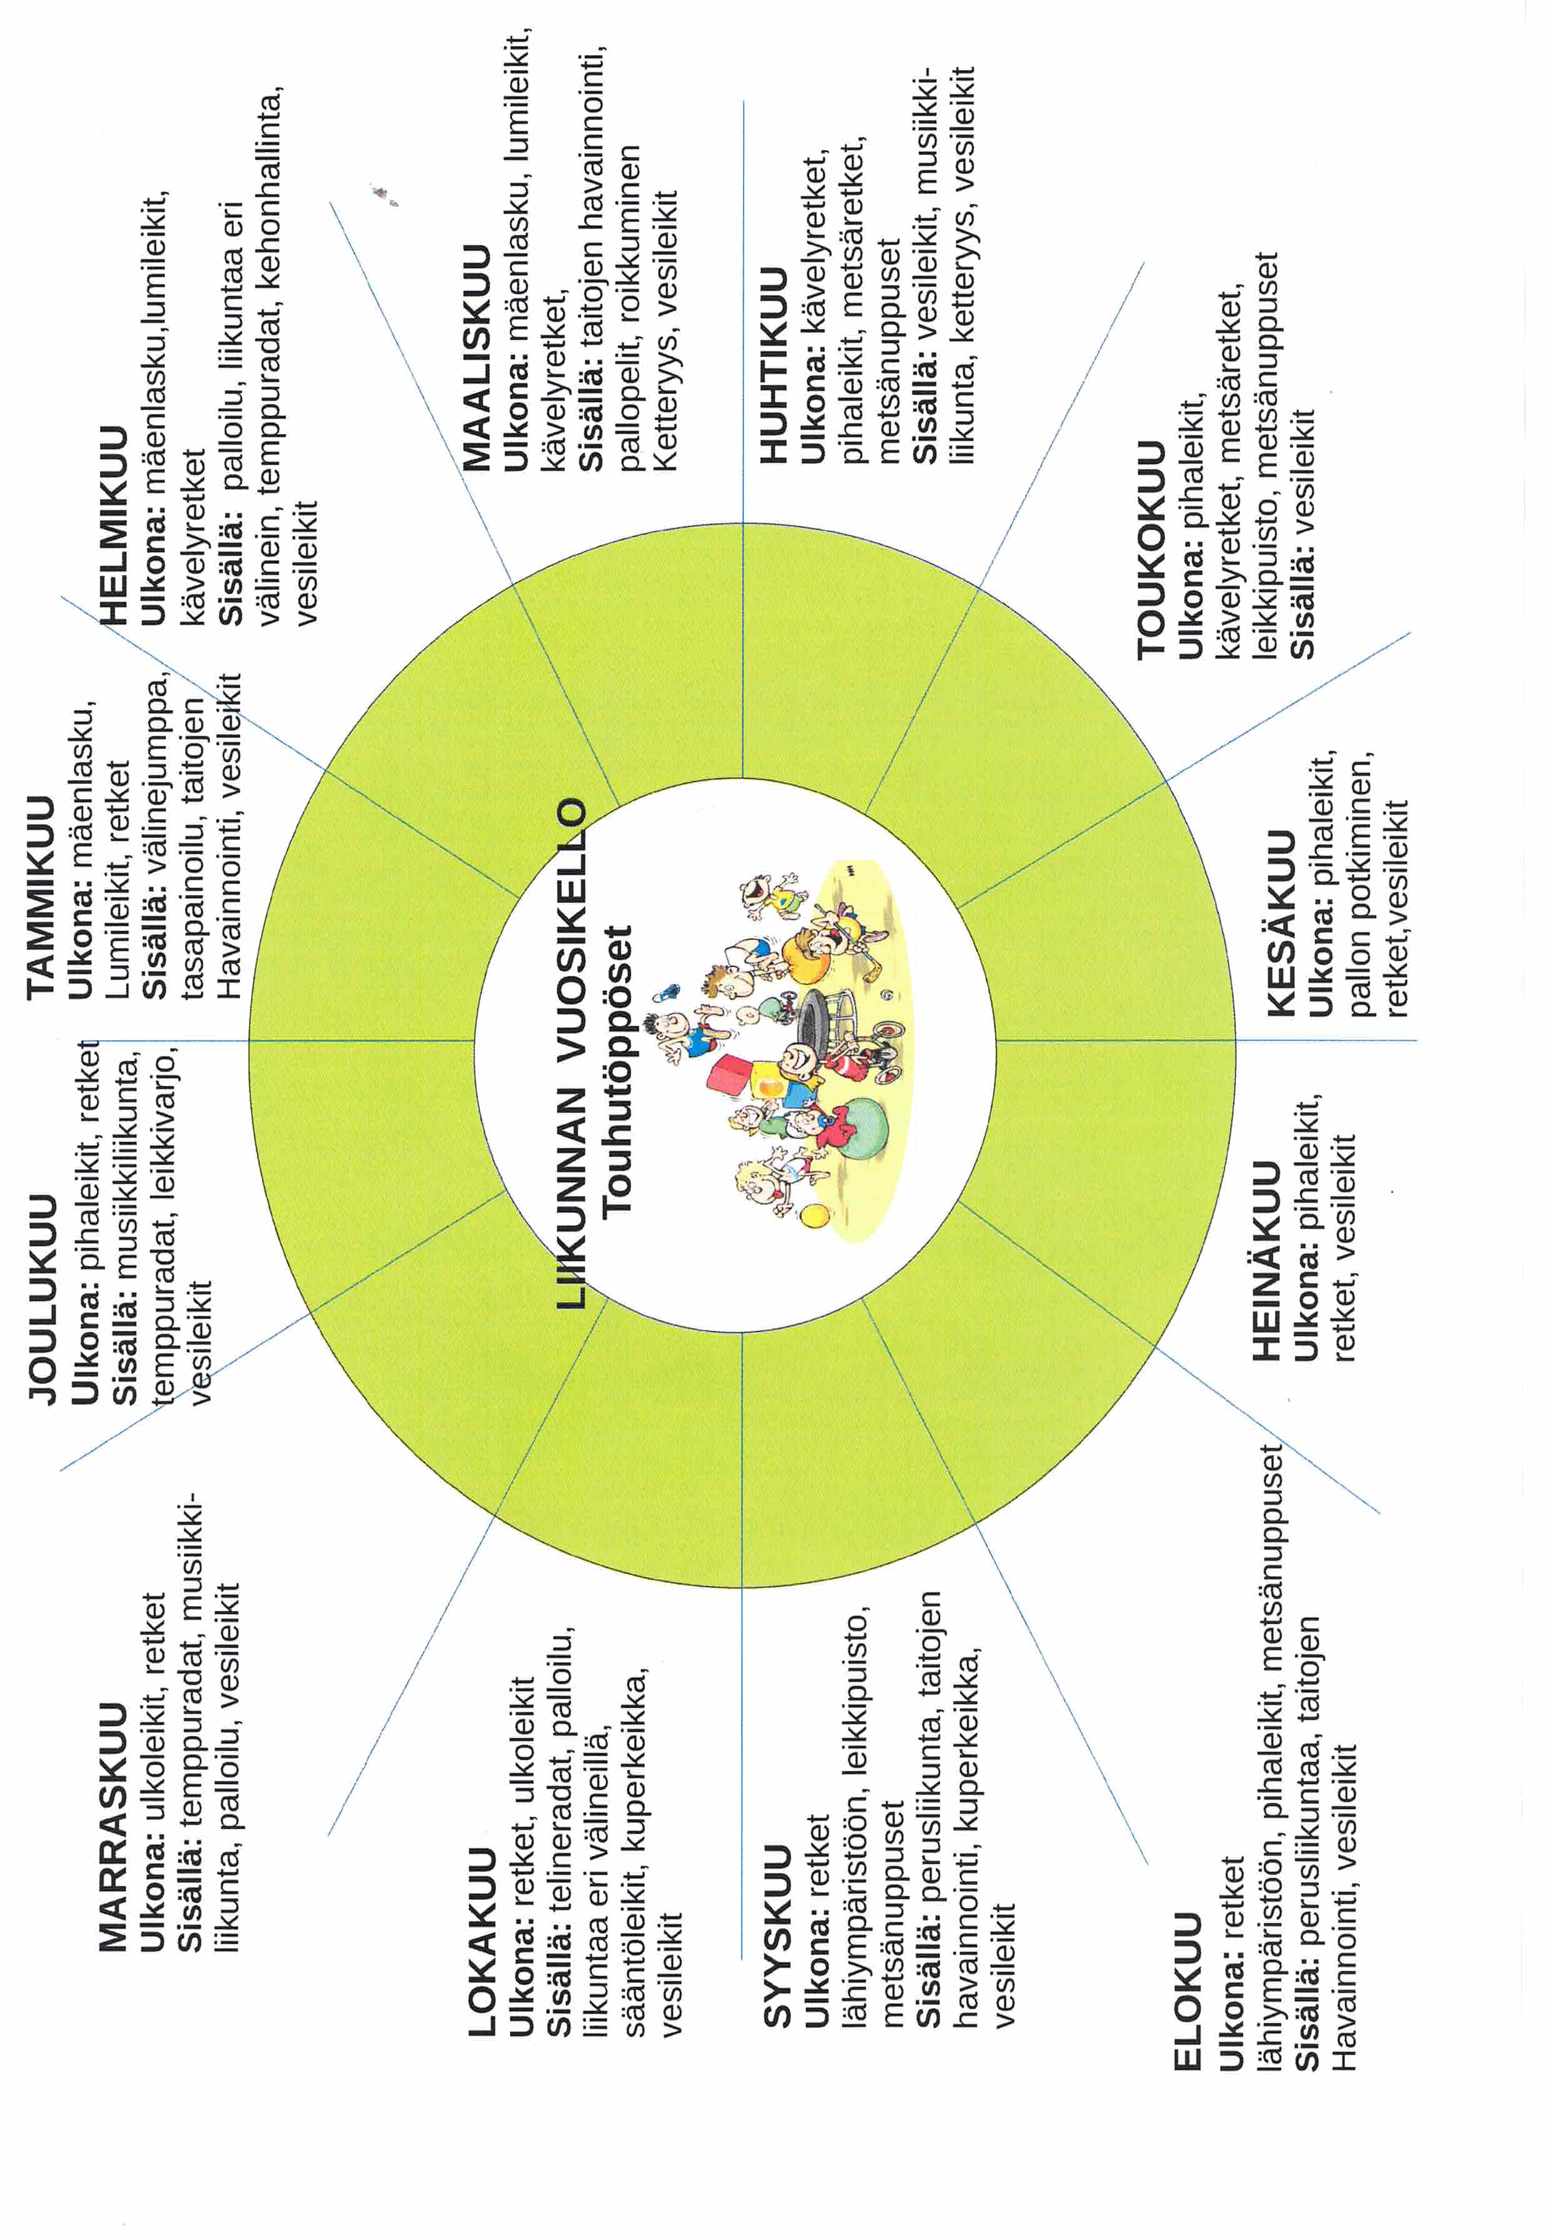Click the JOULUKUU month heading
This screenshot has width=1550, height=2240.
42,1298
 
